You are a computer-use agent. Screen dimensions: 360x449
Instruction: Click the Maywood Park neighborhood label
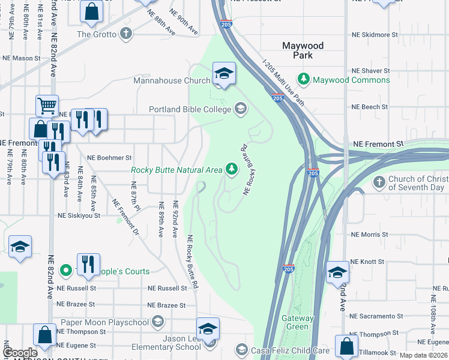pos(303,50)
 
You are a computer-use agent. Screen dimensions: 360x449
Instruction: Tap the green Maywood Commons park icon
pos(304,79)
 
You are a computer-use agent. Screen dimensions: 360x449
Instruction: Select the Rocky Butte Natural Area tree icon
pos(231,169)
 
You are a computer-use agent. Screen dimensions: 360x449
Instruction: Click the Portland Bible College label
pos(190,109)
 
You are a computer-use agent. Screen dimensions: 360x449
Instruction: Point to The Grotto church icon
pos(127,34)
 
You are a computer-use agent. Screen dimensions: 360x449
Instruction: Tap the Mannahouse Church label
pos(171,80)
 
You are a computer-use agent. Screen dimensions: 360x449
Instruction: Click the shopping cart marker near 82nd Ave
pos(46,106)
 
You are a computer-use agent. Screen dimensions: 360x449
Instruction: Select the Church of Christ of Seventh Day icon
pos(379,181)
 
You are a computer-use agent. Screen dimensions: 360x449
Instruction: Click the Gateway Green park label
pos(298,322)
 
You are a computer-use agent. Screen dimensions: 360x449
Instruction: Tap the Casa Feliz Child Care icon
pos(241,349)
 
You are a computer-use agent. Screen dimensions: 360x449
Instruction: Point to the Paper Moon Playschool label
pos(105,322)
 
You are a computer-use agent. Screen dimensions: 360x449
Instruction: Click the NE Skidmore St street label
pos(374,35)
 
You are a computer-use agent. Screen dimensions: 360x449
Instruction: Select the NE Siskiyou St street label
pos(79,215)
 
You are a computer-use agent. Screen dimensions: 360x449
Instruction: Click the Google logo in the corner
pos(20,353)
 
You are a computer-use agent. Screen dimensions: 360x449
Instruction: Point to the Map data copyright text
pos(423,355)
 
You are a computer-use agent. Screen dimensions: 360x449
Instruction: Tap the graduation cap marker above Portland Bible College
pos(224,74)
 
